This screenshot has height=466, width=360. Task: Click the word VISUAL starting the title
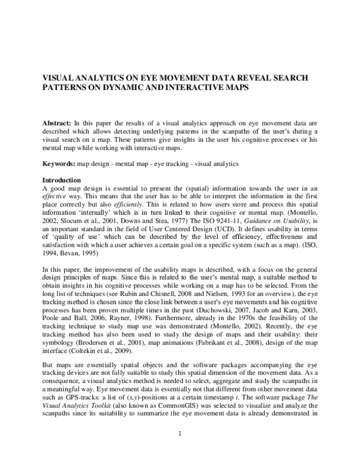coord(57,78)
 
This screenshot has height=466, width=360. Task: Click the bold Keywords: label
coord(61,163)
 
